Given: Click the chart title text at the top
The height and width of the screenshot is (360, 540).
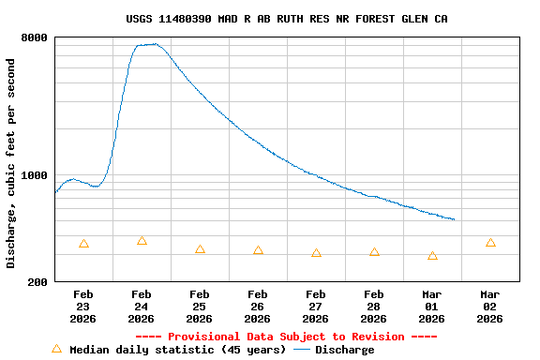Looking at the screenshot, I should click(x=286, y=19).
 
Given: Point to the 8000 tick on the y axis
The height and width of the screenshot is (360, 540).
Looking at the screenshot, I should click(x=36, y=38).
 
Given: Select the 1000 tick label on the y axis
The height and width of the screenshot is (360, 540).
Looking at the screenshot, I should click(x=36, y=175).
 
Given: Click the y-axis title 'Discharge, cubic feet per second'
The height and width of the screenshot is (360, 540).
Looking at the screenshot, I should click(x=11, y=163).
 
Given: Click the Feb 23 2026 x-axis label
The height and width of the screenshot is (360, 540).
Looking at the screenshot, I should click(x=83, y=307).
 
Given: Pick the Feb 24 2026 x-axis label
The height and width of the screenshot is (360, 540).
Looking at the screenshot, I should click(x=142, y=307).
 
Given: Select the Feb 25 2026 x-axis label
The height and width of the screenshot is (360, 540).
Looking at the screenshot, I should click(x=200, y=307).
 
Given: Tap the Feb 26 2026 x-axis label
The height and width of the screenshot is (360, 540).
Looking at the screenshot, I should click(x=258, y=307).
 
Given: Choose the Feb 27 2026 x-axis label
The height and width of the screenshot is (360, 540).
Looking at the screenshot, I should click(x=316, y=307).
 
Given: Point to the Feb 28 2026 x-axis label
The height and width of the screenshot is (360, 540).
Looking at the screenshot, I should click(x=374, y=307).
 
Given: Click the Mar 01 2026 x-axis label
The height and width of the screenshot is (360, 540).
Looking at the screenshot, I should click(x=432, y=307).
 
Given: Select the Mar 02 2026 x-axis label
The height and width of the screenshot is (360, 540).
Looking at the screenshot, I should click(x=490, y=307).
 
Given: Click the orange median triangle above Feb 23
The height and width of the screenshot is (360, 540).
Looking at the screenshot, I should click(x=83, y=244).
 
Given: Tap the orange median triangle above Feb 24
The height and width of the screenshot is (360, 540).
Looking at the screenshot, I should click(x=142, y=241).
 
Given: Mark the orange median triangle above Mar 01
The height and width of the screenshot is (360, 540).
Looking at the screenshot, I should click(x=432, y=256).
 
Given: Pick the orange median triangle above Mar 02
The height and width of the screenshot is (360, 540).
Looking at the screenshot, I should click(x=490, y=243).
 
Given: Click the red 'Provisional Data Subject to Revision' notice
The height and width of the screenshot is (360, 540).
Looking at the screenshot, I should click(x=286, y=337).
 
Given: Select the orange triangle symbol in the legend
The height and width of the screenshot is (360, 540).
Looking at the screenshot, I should click(x=56, y=349).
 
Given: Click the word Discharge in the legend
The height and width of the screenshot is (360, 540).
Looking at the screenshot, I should click(x=344, y=350).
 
